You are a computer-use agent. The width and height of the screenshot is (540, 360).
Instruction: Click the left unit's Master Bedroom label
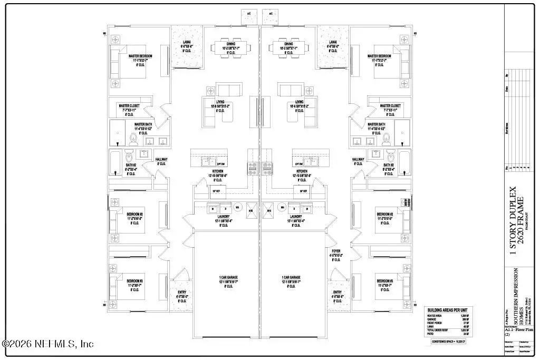coord(140,56)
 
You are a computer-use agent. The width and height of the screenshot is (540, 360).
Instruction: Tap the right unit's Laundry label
coord(295,217)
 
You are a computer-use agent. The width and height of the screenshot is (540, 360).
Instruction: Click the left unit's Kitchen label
coord(218,172)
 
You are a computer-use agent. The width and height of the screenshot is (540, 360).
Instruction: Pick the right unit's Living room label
coord(299,102)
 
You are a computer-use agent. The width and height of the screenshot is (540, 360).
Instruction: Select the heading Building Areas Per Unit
coord(447,309)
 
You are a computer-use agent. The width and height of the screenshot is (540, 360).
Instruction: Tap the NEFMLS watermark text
coord(49,344)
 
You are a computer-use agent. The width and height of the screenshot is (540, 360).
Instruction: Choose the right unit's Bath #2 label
coord(388,165)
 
